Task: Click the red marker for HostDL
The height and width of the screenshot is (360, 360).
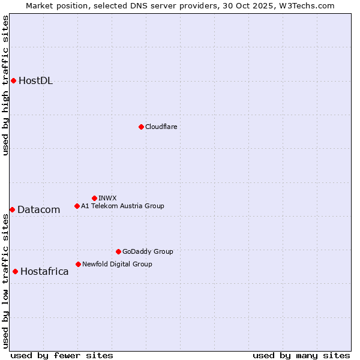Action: click(x=13, y=80)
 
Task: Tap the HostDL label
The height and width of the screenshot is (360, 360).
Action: click(x=35, y=81)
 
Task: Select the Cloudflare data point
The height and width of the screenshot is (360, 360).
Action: click(x=141, y=127)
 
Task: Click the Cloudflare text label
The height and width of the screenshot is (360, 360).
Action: click(x=161, y=127)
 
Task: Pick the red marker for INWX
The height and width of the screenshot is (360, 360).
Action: click(x=94, y=198)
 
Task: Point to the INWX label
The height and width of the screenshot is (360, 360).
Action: click(x=107, y=198)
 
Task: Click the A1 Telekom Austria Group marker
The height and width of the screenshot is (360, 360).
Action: click(x=77, y=206)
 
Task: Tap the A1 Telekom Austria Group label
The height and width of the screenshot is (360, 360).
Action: click(x=122, y=206)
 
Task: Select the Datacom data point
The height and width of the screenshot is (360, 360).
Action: click(x=12, y=209)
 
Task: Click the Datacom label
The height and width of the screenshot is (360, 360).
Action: click(x=38, y=209)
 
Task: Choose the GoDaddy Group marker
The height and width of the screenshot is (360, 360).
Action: click(x=118, y=251)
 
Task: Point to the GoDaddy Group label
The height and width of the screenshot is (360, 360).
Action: click(x=148, y=251)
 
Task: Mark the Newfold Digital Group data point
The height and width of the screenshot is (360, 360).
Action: click(x=78, y=264)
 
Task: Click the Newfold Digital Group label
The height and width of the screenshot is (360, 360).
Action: click(x=117, y=264)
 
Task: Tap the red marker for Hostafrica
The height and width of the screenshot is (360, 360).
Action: click(x=15, y=271)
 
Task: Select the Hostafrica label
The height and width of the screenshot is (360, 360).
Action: click(x=44, y=271)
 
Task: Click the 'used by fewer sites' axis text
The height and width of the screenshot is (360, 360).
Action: click(x=62, y=355)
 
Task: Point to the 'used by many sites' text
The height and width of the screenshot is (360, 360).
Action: click(x=301, y=355)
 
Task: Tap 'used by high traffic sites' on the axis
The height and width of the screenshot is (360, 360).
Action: click(x=5, y=85)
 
